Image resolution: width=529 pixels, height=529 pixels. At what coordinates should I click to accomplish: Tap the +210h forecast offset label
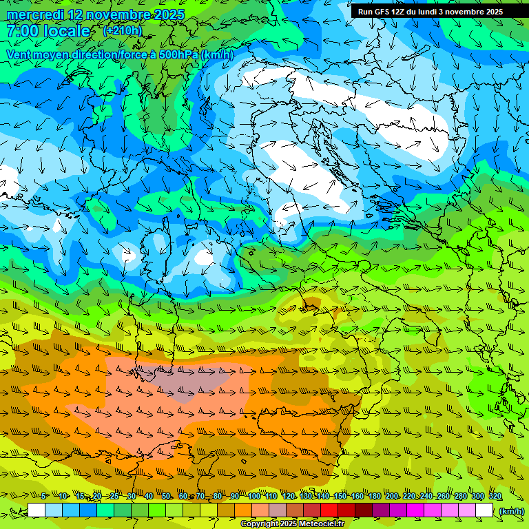(123, 31)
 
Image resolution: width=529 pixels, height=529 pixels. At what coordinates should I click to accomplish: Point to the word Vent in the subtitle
(20, 54)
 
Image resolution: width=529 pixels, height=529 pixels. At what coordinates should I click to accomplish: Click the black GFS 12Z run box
(430, 12)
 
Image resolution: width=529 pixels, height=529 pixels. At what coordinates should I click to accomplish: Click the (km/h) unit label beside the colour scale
(511, 510)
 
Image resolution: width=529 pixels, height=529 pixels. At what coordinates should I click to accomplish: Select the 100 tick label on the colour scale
(254, 496)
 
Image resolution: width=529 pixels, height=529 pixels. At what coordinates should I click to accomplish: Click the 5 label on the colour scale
(44, 496)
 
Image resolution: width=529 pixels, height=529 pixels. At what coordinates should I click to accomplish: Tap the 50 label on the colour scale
(166, 496)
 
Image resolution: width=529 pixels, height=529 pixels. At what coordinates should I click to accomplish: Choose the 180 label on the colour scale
(374, 496)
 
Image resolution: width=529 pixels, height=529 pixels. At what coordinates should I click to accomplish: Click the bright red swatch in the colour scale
(329, 510)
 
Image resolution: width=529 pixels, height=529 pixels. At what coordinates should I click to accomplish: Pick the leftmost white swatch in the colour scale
(37, 510)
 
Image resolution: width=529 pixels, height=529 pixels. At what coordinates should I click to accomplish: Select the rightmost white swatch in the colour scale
(484, 510)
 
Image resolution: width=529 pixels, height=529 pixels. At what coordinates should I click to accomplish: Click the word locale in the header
(67, 32)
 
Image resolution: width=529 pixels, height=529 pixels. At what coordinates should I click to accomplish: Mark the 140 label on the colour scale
(322, 496)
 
